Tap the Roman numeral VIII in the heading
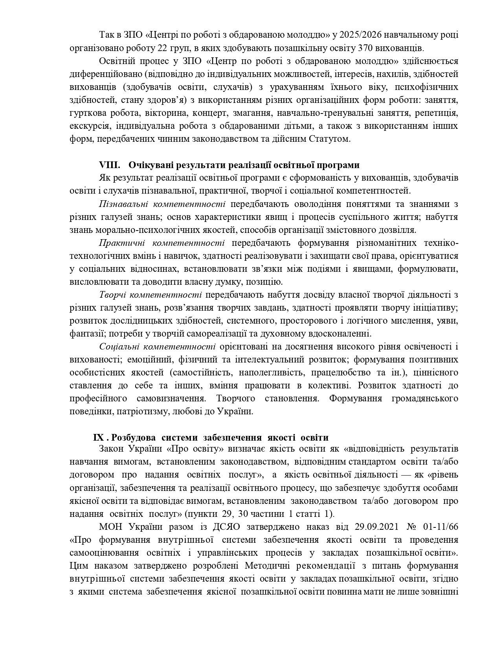click(110, 165)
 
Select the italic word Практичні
click(122, 243)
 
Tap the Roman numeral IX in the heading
click(99, 437)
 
